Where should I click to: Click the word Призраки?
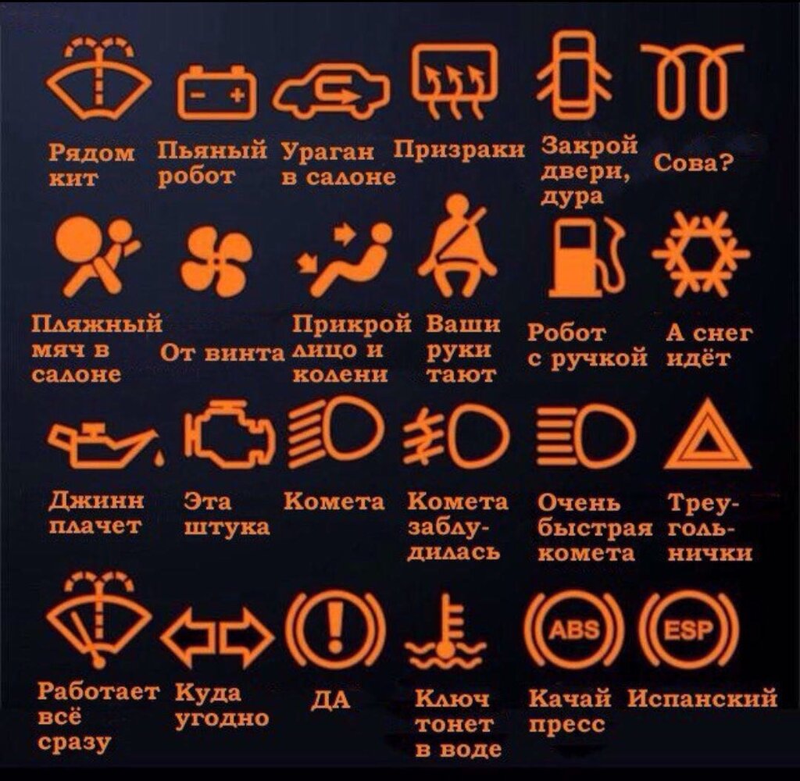point(459,150)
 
